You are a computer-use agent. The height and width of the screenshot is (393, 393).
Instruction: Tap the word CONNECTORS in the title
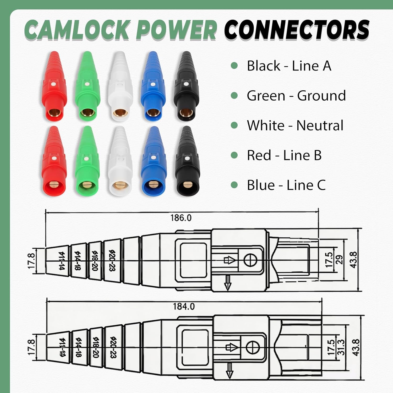tap(297, 29)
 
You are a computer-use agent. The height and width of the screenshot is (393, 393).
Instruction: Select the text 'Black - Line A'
tap(289, 65)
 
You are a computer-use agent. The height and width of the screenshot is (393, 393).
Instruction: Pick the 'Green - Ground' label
tap(296, 95)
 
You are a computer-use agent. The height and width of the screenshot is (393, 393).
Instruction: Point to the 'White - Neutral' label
tap(295, 125)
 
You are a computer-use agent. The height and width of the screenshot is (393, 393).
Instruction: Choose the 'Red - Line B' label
tap(284, 155)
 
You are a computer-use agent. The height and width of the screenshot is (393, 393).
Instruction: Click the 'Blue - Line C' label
tap(286, 185)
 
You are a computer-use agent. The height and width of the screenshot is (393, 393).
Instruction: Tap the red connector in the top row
tap(54, 86)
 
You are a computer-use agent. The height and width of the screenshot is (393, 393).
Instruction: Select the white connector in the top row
tap(120, 86)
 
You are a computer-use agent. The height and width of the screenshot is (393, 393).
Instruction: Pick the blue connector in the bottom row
tap(153, 161)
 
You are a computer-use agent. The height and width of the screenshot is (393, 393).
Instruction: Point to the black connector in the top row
tap(187, 86)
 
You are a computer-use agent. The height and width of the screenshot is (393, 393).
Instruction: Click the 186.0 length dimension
tap(181, 218)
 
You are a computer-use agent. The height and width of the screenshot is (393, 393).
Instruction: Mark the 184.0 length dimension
tap(184, 306)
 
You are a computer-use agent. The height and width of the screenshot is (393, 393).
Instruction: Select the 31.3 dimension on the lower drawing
tap(341, 347)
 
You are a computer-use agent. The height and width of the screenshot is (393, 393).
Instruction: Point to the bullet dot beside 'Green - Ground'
tap(234, 95)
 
